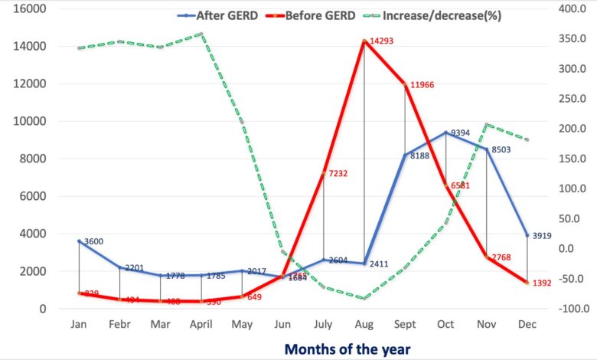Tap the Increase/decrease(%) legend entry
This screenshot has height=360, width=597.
(x=442, y=15)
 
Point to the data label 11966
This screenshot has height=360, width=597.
(x=422, y=83)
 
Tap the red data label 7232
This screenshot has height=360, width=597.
(x=339, y=174)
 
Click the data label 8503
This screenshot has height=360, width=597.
(x=504, y=151)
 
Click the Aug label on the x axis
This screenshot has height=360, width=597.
(x=364, y=324)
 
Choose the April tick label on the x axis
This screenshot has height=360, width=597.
(x=201, y=324)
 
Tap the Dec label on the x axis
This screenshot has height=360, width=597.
(x=527, y=324)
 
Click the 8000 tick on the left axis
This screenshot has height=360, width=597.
(x=33, y=159)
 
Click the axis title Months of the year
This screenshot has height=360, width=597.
(x=348, y=349)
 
